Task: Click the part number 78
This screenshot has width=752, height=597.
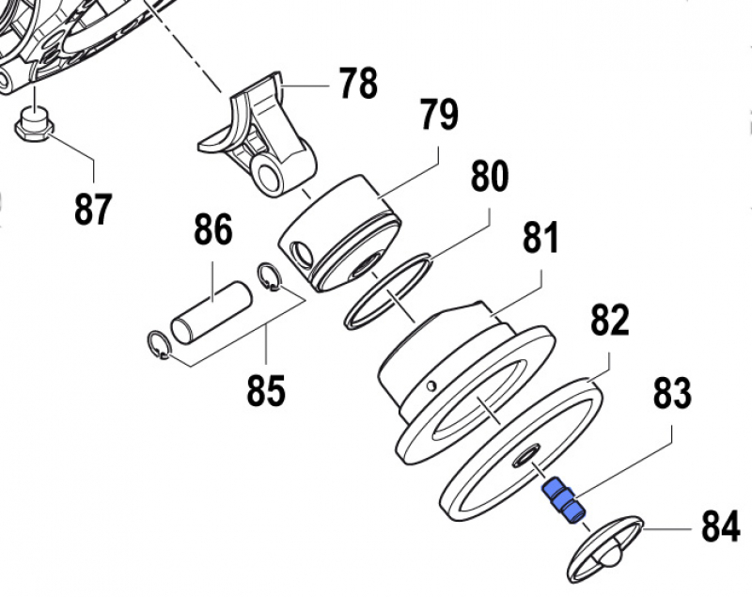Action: coord(357,84)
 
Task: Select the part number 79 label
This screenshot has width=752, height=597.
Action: coord(438,115)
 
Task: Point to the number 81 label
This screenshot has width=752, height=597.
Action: coord(540,239)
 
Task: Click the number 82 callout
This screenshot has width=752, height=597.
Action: coord(609,320)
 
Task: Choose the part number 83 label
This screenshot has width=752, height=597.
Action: coord(672,392)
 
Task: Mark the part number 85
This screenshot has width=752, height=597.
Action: coord(266,389)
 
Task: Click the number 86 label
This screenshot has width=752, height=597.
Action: coord(213,229)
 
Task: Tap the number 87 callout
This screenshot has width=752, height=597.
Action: coord(93,208)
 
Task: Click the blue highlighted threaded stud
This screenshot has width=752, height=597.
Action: coord(562,500)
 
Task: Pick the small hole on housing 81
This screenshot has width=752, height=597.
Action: coord(431,385)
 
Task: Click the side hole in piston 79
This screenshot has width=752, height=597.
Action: coord(302,251)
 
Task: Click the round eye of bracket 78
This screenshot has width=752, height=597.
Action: coord(270,174)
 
